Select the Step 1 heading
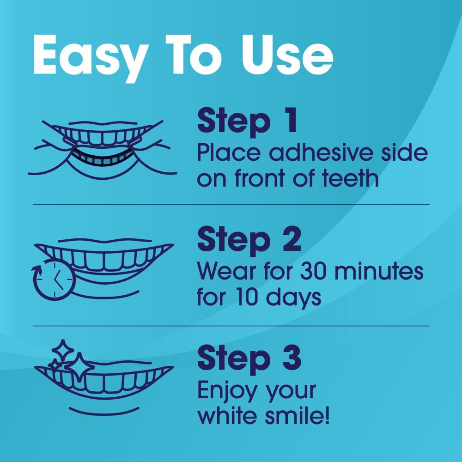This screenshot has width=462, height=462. click(x=247, y=121)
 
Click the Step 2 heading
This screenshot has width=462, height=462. click(x=249, y=239)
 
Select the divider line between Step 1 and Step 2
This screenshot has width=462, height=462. click(x=231, y=204)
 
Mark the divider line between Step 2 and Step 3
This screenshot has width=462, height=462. click(x=231, y=326)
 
